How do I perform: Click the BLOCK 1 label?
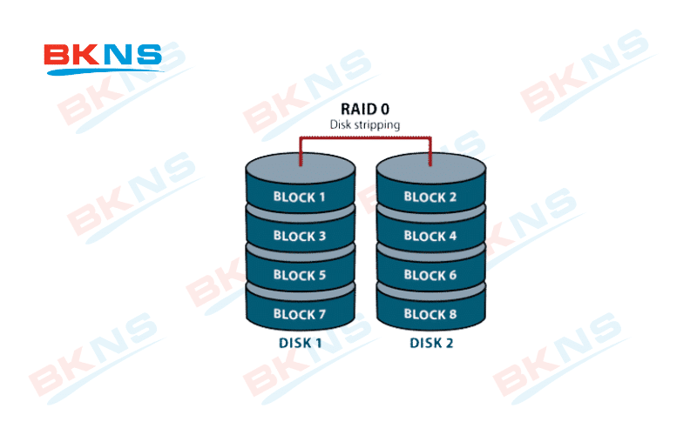pyautogui.click(x=300, y=197)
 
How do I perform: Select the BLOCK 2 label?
pyautogui.click(x=430, y=197)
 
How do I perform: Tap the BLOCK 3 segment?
pyautogui.click(x=300, y=236)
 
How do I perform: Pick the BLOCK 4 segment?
pyautogui.click(x=430, y=236)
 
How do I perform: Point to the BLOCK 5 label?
pyautogui.click(x=300, y=275)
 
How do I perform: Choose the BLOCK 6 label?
pyautogui.click(x=430, y=275)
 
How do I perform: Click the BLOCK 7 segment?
pyautogui.click(x=300, y=314)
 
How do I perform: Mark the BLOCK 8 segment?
pyautogui.click(x=430, y=314)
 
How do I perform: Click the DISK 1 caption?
pyautogui.click(x=301, y=343)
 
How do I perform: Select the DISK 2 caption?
pyautogui.click(x=431, y=343)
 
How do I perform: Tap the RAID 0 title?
pyautogui.click(x=365, y=110)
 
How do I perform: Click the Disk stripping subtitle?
pyautogui.click(x=365, y=124)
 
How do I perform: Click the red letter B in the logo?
pyautogui.click(x=58, y=56)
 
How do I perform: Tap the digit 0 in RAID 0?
pyautogui.click(x=384, y=110)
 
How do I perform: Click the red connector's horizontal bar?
pyautogui.click(x=365, y=137)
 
